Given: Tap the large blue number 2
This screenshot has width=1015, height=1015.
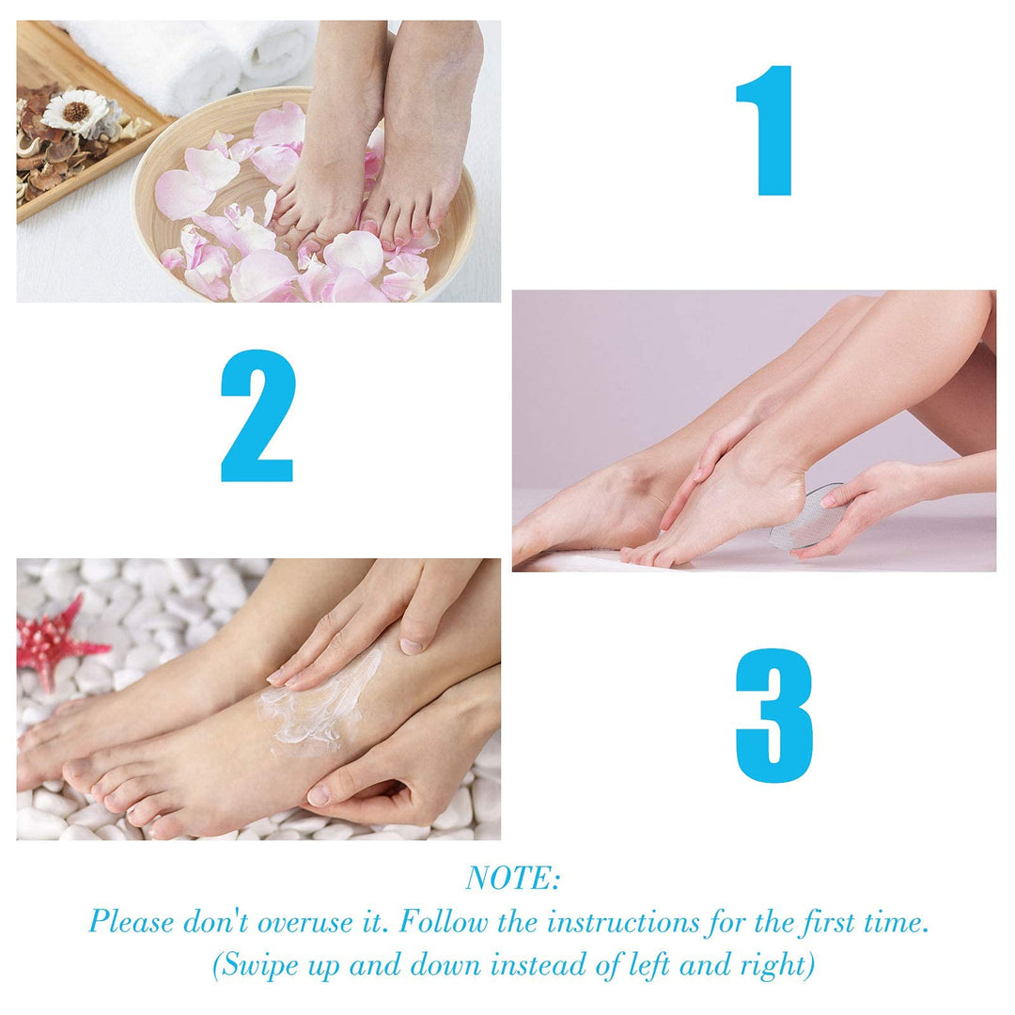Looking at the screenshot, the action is click(x=258, y=415).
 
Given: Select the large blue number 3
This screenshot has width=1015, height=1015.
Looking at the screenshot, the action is click(x=774, y=715).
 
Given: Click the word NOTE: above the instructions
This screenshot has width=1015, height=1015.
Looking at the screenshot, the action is click(x=513, y=879).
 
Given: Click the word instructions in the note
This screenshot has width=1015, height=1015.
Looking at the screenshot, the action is click(x=623, y=922).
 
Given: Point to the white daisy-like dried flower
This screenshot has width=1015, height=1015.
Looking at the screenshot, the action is click(x=76, y=112).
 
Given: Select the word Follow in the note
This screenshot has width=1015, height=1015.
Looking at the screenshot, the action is click(x=443, y=921).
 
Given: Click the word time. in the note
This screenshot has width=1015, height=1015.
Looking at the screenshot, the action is click(x=898, y=922).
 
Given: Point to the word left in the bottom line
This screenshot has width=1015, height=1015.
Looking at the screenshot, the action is click(x=649, y=964).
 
